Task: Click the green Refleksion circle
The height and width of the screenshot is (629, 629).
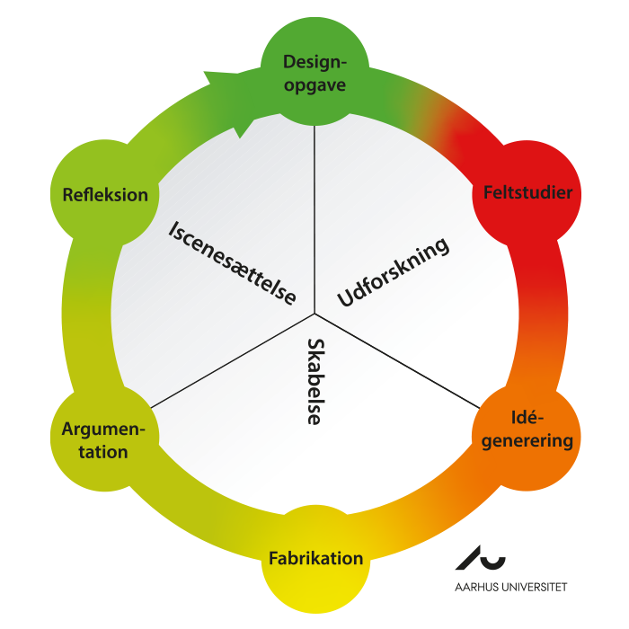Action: (104, 195)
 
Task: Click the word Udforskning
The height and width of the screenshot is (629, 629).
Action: (393, 273)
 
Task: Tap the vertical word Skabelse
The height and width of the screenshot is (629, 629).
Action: (315, 381)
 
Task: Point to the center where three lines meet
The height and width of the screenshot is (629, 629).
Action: (315, 314)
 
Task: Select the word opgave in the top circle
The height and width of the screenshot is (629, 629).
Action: (314, 86)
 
